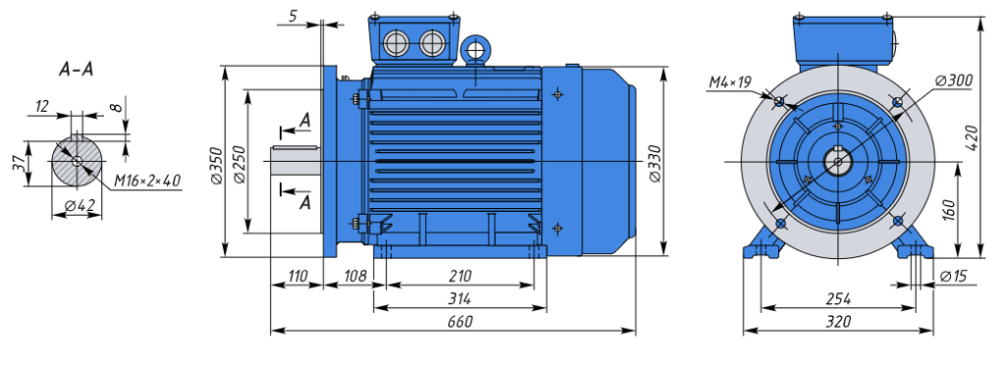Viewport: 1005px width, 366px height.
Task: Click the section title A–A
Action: click(x=77, y=70)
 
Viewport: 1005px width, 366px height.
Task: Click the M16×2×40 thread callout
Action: click(x=147, y=182)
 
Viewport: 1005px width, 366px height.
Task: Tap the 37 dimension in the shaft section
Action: click(x=20, y=164)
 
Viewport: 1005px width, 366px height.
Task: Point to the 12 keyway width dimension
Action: click(x=41, y=106)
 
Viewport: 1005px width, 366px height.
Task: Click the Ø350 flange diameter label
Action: click(x=216, y=166)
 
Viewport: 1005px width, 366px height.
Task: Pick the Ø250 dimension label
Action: click(x=238, y=166)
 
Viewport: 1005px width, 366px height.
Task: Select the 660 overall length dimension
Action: click(x=460, y=321)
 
